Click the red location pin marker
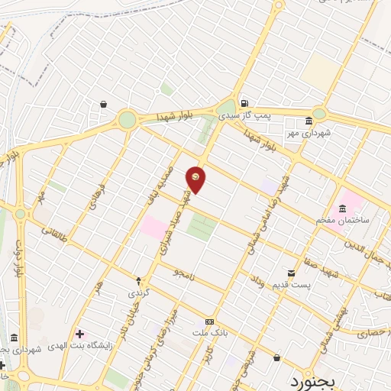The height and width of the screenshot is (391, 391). [196, 179]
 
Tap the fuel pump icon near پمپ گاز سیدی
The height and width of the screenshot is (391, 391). [243, 104]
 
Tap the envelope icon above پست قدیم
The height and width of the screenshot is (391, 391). [290, 273]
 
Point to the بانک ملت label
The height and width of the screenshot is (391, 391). [209, 334]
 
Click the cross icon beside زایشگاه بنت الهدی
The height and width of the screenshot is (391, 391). [79, 334]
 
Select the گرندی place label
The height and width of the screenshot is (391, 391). [138, 292]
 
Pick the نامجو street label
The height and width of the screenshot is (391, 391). [185, 272]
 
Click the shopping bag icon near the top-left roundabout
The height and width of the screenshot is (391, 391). [103, 105]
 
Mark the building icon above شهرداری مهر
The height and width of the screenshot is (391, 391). [308, 121]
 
